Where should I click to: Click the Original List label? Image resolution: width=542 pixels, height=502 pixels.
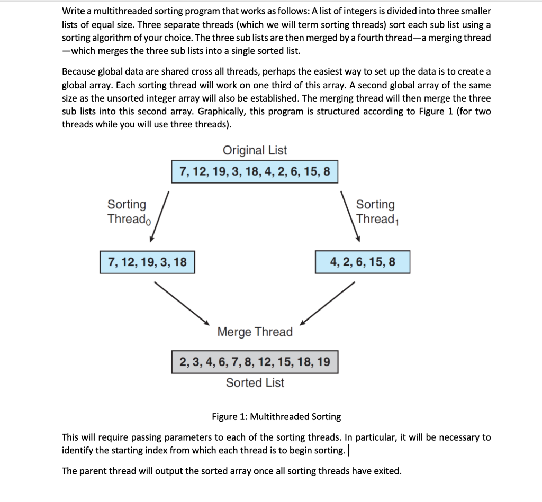point(255,150)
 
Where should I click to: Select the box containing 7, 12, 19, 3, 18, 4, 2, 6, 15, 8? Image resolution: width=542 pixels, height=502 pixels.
point(255,172)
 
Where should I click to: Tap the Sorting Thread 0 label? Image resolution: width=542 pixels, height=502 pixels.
point(129,212)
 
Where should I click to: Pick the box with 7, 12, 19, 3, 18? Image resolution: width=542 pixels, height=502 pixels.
point(147,262)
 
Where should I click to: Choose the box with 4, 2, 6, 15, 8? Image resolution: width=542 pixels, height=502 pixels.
point(362,262)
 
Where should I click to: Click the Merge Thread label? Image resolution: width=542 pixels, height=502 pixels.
point(255,332)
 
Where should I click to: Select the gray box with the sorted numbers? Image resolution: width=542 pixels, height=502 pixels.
point(255,362)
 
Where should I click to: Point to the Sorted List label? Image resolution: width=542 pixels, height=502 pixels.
point(255,382)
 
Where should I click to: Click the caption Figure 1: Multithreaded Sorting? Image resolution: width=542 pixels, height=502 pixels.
point(276,417)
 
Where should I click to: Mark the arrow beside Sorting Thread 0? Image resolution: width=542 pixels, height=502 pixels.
point(159,217)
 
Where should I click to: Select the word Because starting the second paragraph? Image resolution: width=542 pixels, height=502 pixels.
point(80,71)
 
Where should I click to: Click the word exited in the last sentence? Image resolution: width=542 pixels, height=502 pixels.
point(387,471)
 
